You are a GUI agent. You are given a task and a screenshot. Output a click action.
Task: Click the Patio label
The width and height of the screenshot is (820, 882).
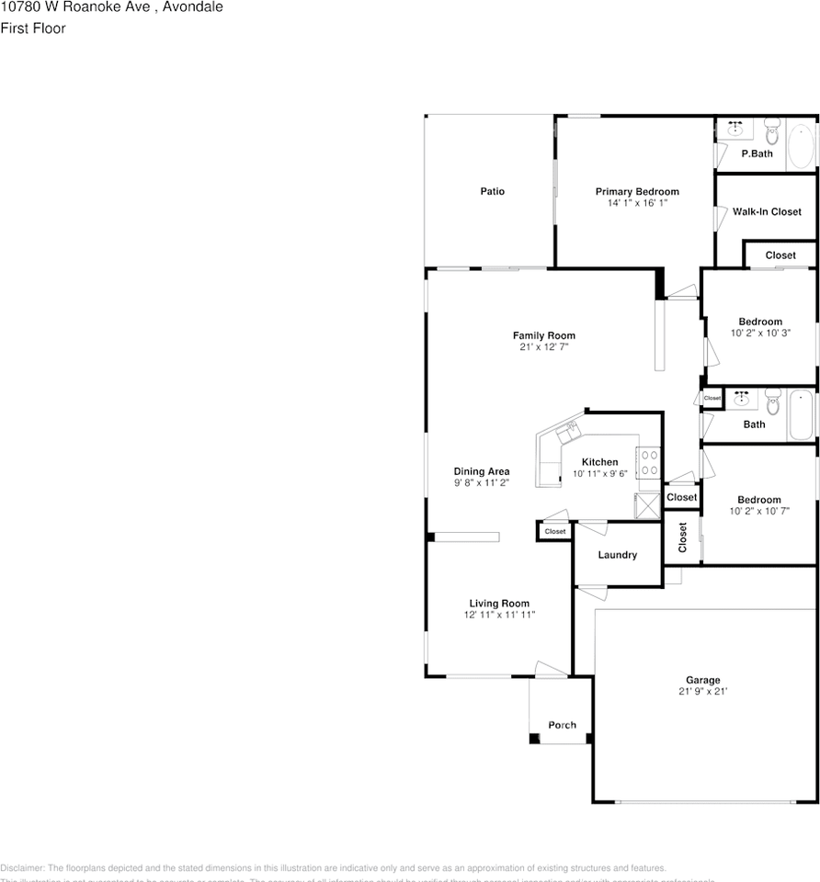click(492, 191)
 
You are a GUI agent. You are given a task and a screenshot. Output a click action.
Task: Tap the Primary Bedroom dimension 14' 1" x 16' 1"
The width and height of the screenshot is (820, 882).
click(637, 203)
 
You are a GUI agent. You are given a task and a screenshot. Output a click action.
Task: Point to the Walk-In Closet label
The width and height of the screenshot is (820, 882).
click(767, 211)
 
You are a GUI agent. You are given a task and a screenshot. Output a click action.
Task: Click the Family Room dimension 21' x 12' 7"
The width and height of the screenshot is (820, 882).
click(543, 347)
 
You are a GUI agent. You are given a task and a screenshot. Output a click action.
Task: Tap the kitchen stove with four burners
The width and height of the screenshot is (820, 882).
click(650, 461)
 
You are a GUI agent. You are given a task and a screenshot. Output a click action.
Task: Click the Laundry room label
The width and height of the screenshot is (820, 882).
click(617, 555)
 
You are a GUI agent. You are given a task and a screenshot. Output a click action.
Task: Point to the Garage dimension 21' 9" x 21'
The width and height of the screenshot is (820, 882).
click(702, 692)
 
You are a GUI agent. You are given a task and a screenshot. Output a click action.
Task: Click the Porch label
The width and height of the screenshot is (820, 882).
click(562, 725)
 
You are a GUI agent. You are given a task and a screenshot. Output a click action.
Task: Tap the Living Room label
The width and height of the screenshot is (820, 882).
click(499, 604)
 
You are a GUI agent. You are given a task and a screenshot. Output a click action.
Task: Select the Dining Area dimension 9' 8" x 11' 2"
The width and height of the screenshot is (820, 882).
click(481, 482)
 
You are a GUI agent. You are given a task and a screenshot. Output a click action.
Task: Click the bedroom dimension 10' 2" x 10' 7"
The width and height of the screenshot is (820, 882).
click(759, 511)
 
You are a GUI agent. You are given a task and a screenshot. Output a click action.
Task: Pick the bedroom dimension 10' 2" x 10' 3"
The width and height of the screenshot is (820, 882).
click(760, 334)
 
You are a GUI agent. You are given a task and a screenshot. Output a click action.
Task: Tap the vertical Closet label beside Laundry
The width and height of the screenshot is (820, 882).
click(682, 537)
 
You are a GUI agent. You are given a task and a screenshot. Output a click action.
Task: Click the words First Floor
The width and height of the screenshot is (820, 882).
click(33, 28)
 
